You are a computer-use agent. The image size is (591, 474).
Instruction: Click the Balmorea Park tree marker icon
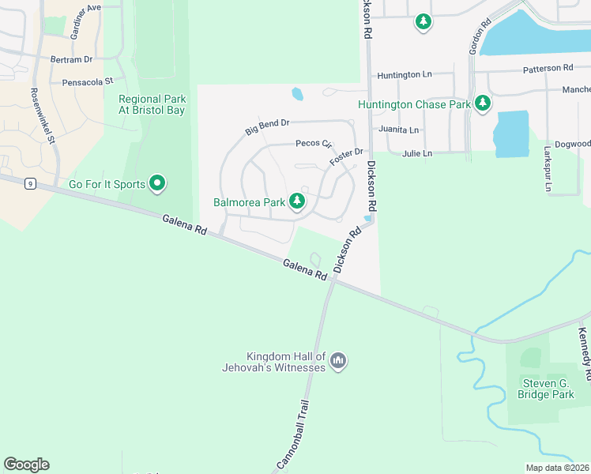(297, 201)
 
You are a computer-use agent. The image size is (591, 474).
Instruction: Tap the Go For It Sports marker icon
(157, 184)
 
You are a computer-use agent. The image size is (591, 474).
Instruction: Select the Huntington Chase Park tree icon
(481, 103)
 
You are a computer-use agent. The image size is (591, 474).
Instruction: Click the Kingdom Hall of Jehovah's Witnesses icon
(337, 361)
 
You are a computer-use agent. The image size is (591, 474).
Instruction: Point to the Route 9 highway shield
(29, 183)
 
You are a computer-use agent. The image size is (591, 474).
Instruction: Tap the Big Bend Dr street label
(268, 126)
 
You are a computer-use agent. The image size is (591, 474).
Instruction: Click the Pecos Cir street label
(314, 144)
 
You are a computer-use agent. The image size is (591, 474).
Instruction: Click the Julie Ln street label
(417, 153)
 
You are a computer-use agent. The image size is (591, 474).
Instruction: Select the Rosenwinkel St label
(40, 115)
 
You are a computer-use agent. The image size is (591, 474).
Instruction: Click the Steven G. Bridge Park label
(546, 389)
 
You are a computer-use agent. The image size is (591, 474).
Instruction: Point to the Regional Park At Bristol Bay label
(152, 104)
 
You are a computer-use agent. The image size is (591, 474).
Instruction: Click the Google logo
(26, 465)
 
